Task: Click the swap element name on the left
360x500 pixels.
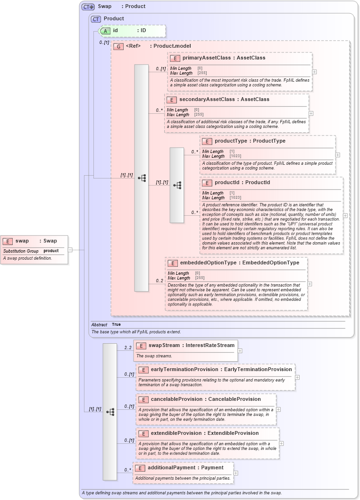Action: tap(22, 241)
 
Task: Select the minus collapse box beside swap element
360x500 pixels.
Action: tap(70, 249)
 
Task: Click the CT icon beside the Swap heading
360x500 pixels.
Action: tap(88, 7)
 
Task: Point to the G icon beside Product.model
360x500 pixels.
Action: tap(118, 46)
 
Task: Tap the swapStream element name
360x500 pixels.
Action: tap(164, 345)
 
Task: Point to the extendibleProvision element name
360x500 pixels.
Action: tap(178, 433)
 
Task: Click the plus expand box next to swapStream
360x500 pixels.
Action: tap(240, 351)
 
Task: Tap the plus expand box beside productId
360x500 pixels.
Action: tap(345, 215)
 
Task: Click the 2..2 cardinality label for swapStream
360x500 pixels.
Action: tap(128, 348)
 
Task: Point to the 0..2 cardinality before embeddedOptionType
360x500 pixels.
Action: tap(159, 281)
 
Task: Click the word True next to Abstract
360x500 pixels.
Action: tap(116, 324)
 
